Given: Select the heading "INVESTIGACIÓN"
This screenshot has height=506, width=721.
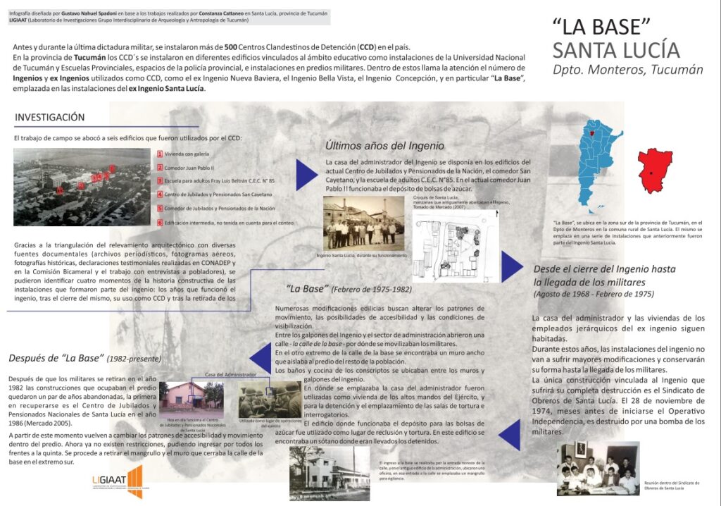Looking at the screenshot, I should (50, 117).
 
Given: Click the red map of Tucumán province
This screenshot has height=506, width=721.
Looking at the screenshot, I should (654, 170).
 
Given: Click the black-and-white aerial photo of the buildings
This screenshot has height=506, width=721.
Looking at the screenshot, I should (82, 185).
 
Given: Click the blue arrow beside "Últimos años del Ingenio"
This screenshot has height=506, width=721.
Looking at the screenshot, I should (306, 174).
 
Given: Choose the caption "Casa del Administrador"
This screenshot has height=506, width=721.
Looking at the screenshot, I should (229, 374).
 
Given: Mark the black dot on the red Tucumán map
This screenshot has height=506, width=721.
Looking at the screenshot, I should (652, 173).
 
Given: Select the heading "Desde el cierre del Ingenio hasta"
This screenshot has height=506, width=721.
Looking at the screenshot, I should (604, 269).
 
